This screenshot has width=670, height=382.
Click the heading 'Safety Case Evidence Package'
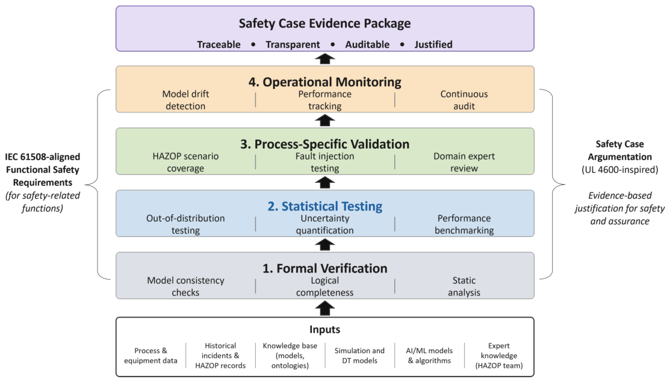pos(324,23)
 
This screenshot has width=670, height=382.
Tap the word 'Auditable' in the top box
pos(367,45)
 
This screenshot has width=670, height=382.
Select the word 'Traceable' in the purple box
pos(219,45)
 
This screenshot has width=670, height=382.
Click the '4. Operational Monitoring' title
pos(324,82)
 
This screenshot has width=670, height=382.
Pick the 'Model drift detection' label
pos(185,100)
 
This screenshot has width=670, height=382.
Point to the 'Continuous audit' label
pos(464,100)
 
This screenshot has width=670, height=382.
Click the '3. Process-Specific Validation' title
pos(324,144)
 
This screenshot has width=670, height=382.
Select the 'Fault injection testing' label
pos(324,162)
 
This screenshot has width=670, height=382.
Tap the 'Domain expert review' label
pos(464,162)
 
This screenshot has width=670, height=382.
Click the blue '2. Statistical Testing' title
pos(324,206)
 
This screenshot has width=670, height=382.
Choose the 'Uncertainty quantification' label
pos(324,224)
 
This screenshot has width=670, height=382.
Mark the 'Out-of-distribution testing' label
pos(185,224)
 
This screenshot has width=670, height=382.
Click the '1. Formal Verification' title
pos(324,268)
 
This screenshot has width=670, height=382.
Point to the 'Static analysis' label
pos(464,286)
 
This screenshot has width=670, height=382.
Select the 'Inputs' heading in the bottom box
pos(324,330)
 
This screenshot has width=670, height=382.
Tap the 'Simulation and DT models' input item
pos(359,356)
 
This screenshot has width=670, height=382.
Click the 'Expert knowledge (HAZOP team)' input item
pos(499,356)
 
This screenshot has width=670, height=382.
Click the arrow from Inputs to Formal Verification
pos(324,308)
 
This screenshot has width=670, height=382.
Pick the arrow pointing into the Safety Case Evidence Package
pos(324,58)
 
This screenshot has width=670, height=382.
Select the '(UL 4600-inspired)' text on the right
pos(619,170)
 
